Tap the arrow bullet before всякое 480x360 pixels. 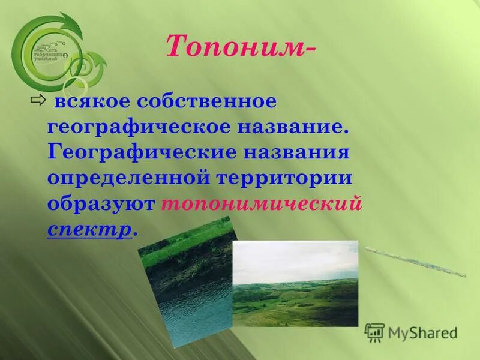pyautogui.click(x=37, y=100)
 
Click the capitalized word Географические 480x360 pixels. pyautogui.click(x=143, y=152)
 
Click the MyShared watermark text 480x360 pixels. pyautogui.click(x=422, y=333)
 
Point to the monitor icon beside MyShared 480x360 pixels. pyautogui.click(x=374, y=332)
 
